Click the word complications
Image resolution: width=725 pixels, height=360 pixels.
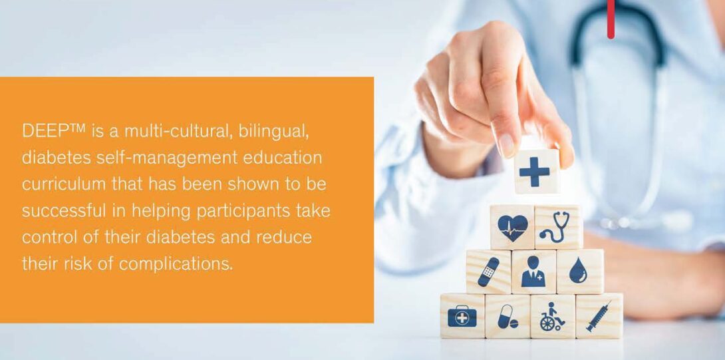pyautogui.click(x=176, y=264)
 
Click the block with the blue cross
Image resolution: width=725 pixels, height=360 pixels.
pyautogui.click(x=536, y=171)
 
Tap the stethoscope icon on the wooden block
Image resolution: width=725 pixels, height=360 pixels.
pyautogui.click(x=557, y=227)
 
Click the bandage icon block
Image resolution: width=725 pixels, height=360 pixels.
pyautogui.click(x=488, y=271)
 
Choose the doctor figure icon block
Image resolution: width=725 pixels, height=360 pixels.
pyautogui.click(x=533, y=271)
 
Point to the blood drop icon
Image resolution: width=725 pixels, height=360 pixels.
pyautogui.click(x=577, y=270)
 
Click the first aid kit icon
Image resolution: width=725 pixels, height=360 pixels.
pyautogui.click(x=462, y=317)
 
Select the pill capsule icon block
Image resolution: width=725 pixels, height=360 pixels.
pyautogui.click(x=507, y=316)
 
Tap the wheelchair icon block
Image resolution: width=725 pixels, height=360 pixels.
pyautogui.click(x=553, y=316)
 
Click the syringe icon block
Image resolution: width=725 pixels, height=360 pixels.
pyautogui.click(x=599, y=315)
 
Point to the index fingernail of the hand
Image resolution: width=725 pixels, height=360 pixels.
pyautogui.click(x=507, y=145)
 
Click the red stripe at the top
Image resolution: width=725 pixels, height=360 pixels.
pyautogui.click(x=611, y=19)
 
